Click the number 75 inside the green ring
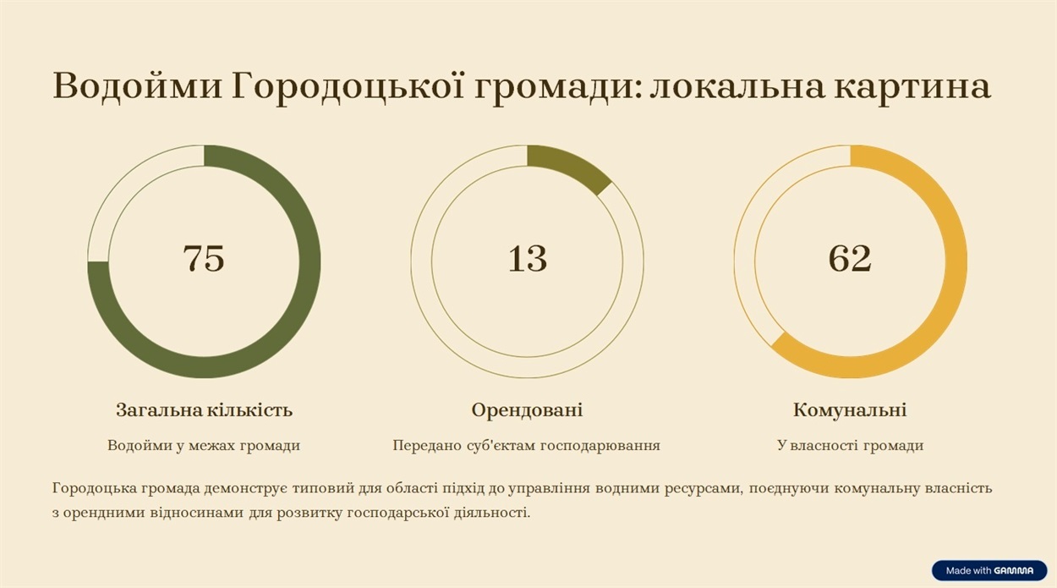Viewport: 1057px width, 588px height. [204, 258]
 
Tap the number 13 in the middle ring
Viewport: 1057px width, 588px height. [527, 258]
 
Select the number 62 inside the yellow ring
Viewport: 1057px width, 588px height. [850, 258]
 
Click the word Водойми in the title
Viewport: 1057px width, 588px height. [137, 86]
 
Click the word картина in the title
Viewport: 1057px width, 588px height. [912, 89]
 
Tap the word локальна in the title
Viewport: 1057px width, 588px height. [737, 86]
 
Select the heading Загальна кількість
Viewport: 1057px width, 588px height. [205, 409]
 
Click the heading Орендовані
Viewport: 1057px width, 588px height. [527, 410]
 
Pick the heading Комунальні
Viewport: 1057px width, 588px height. [850, 409]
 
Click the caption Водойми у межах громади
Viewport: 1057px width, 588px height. [204, 445]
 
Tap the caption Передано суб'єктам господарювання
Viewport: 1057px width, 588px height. [527, 445]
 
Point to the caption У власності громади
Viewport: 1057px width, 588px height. [851, 445]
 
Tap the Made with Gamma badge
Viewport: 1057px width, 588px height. [989, 570]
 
